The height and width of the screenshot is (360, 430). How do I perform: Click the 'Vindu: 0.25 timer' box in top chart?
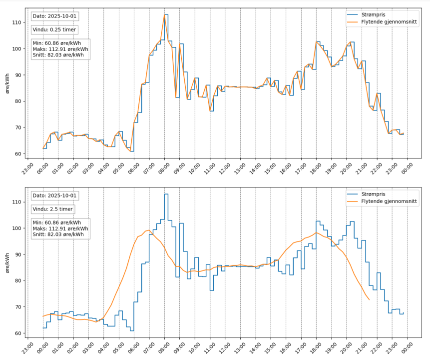click(53, 30)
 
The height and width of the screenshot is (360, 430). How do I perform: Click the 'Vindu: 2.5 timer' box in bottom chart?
click(52, 209)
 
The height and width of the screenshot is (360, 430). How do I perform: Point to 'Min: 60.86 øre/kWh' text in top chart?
click(56, 43)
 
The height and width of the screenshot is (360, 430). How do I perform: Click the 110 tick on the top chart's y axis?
click(17, 22)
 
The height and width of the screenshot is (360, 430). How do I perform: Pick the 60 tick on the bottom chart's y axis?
click(17, 333)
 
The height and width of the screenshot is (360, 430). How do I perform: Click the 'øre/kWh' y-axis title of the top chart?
click(6, 82)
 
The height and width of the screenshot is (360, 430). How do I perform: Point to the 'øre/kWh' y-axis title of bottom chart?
click(6, 262)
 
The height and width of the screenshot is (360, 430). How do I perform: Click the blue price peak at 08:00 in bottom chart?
click(166, 194)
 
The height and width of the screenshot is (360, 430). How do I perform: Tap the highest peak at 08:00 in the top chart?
click(165, 14)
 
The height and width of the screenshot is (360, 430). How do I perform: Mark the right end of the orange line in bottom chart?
click(369, 299)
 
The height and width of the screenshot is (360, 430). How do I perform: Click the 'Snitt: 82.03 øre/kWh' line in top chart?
click(58, 55)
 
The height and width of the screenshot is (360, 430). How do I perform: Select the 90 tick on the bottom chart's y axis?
click(17, 254)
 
